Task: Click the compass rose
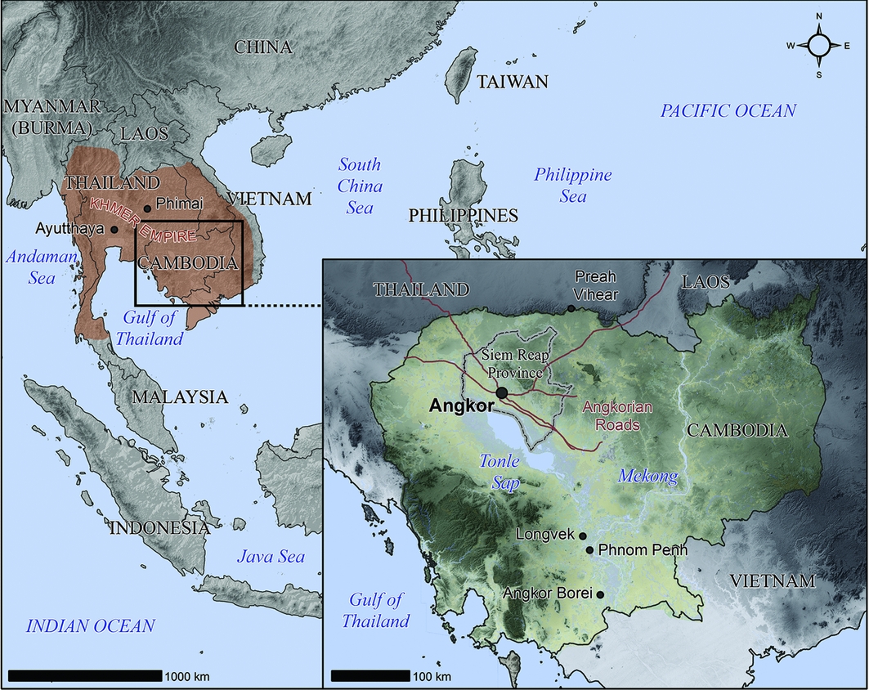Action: click(x=819, y=46)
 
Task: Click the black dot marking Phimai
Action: click(x=147, y=208)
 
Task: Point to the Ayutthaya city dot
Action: click(x=114, y=230)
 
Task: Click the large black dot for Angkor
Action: click(x=501, y=392)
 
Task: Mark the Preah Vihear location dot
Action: click(x=571, y=308)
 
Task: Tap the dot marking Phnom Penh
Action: click(x=589, y=550)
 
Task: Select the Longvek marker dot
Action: click(x=583, y=535)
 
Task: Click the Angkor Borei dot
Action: click(x=601, y=595)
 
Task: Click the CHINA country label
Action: click(x=263, y=47)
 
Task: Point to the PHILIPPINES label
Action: click(x=464, y=216)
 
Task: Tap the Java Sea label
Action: click(x=271, y=558)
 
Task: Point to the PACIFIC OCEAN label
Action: click(x=728, y=111)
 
